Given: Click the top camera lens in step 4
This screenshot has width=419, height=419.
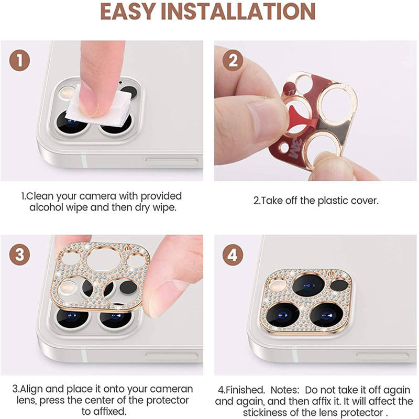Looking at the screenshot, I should click(306, 285).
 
